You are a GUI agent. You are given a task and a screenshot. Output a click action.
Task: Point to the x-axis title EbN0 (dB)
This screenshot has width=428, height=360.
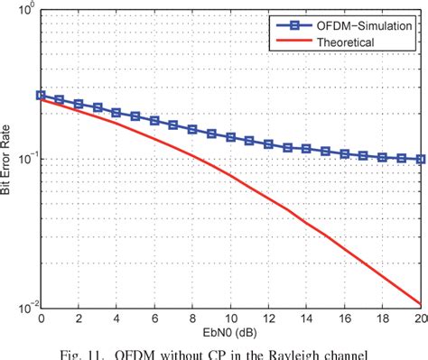pyautogui.click(x=230, y=334)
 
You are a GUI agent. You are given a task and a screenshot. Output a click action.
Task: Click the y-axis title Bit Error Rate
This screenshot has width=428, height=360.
pyautogui.click(x=8, y=159)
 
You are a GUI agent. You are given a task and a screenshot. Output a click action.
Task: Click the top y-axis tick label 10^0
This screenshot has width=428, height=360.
pyautogui.click(x=24, y=12)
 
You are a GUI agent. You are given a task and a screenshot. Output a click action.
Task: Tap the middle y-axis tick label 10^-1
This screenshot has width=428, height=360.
pyautogui.click(x=24, y=159)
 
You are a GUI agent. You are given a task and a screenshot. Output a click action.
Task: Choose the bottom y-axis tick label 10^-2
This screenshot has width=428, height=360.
pyautogui.click(x=24, y=306)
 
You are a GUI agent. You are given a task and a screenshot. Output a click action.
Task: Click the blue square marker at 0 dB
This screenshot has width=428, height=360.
pyautogui.click(x=41, y=95)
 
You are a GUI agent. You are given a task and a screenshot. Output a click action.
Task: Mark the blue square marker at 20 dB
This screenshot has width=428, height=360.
pyautogui.click(x=420, y=159)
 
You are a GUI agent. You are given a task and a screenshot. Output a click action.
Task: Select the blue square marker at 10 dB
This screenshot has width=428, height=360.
pyautogui.click(x=230, y=137)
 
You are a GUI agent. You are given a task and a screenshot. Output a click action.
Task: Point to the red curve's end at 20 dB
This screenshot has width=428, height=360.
pyautogui.click(x=420, y=304)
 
